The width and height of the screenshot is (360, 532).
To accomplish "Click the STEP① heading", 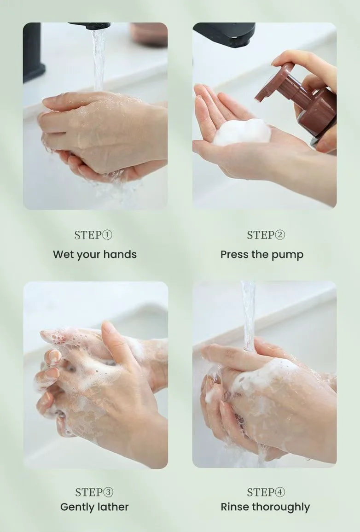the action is pyautogui.click(x=93, y=235).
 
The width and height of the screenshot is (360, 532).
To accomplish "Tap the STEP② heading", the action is pyautogui.click(x=266, y=235).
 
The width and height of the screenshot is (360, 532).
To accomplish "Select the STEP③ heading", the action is pyautogui.click(x=94, y=492).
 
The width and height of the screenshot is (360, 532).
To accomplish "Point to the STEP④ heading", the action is pyautogui.click(x=266, y=492).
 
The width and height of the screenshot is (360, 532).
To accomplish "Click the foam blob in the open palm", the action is pyautogui.click(x=242, y=132).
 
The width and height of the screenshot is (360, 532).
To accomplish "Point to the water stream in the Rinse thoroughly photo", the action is pyautogui.click(x=249, y=316).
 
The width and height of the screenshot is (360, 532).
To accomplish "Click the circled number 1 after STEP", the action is pyautogui.click(x=107, y=235).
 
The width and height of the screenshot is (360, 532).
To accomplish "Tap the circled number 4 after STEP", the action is pyautogui.click(x=280, y=492).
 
